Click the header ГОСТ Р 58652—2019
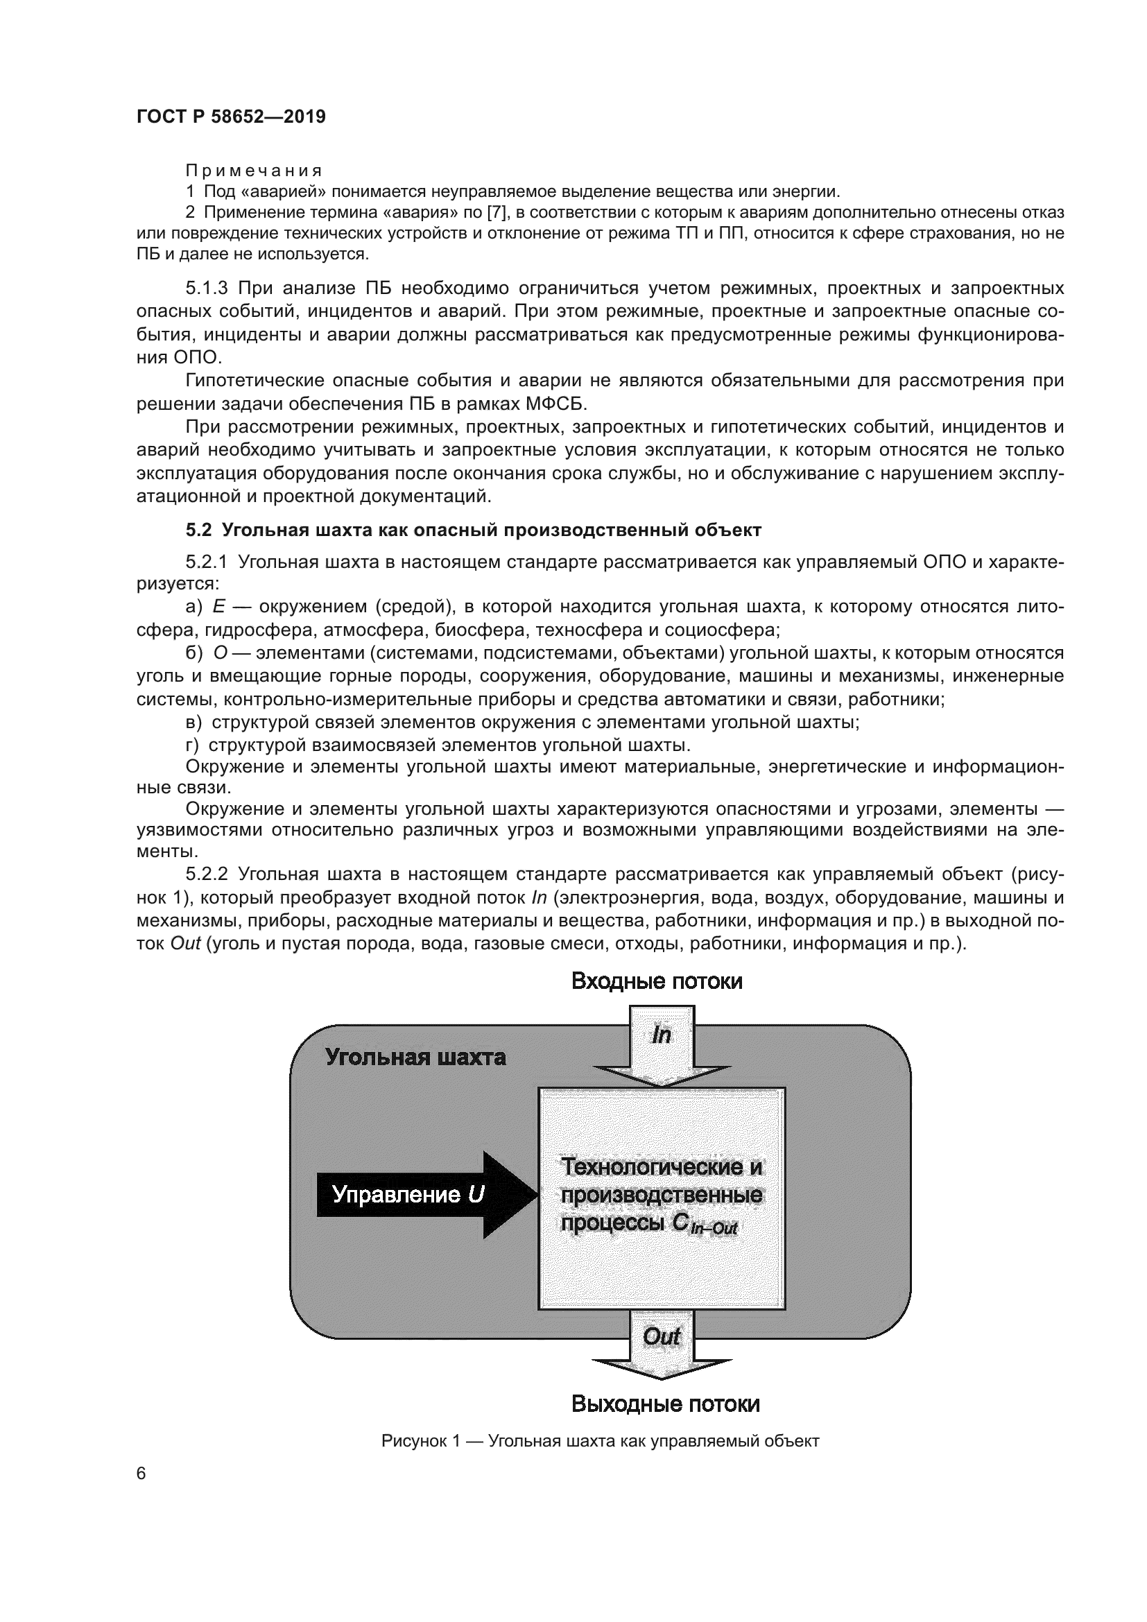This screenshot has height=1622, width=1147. (231, 117)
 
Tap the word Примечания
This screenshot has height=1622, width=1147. (254, 171)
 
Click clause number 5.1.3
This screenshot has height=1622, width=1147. (206, 288)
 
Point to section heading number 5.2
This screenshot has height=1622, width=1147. (198, 530)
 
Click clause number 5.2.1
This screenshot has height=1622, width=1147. (206, 562)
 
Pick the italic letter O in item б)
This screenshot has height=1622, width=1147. (220, 653)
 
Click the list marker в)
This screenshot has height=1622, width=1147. (193, 722)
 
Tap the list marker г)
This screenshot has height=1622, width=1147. (192, 745)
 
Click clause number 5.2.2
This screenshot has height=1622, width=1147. (206, 874)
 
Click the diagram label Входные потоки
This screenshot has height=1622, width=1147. (656, 981)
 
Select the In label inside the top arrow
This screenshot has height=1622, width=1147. (661, 1035)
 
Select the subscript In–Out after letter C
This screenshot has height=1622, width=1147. (714, 1229)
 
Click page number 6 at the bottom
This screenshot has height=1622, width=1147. (141, 1473)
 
